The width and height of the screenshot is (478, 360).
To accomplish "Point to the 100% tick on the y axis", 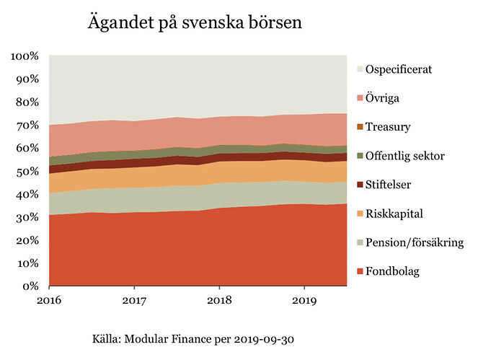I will click(x=25, y=56).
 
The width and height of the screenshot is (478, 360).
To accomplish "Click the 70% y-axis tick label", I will click(x=27, y=126).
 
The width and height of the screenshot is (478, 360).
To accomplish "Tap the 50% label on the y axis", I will click(x=27, y=172).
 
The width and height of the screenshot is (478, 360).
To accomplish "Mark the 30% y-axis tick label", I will click(x=27, y=217).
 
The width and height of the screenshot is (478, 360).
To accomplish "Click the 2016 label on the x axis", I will click(x=49, y=299).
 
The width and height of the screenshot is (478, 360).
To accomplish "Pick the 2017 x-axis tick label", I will click(x=134, y=299).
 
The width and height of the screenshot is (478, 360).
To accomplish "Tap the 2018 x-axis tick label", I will click(x=219, y=299).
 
